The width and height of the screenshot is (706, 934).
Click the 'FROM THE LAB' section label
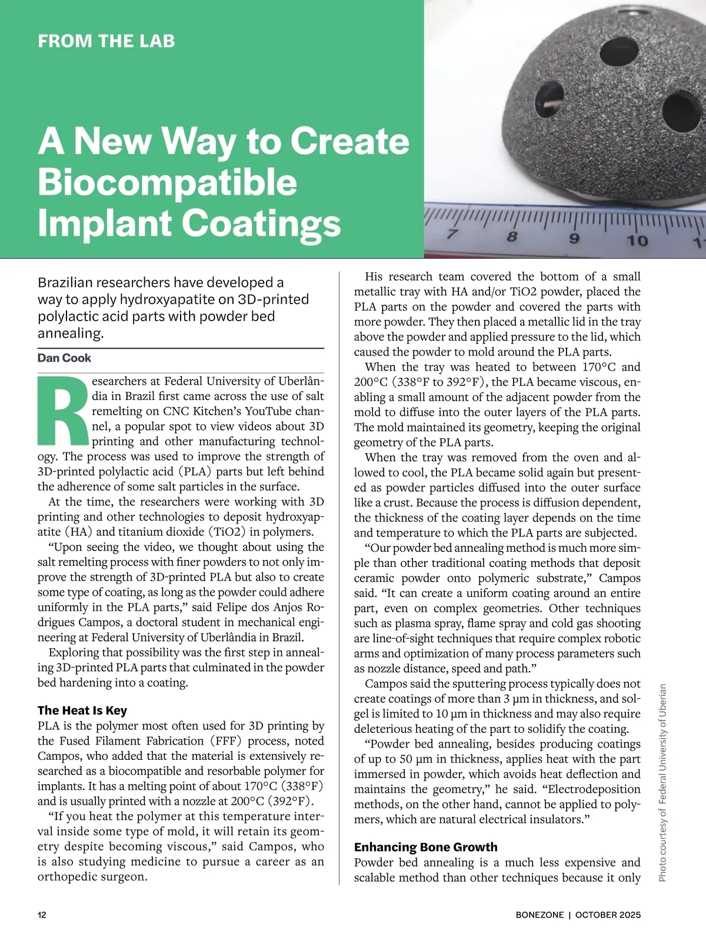coord(106,41)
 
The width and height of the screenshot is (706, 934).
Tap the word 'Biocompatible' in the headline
coord(167,182)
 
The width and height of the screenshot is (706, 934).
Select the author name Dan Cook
coord(64,358)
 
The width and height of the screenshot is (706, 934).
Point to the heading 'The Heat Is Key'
coord(82,710)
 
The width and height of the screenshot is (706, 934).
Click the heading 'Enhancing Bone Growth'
coord(425,847)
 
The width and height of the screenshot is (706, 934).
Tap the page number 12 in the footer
coord(42,915)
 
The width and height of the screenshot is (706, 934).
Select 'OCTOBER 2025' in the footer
coord(608,915)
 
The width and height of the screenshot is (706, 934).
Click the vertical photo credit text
coord(662,782)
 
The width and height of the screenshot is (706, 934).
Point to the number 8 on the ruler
coord(512,238)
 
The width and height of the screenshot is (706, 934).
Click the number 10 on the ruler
coord(637,241)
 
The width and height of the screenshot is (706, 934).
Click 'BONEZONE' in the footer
coord(539,915)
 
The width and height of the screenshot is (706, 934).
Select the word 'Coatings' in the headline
coord(261,224)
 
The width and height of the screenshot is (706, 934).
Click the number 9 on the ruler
coord(574,239)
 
